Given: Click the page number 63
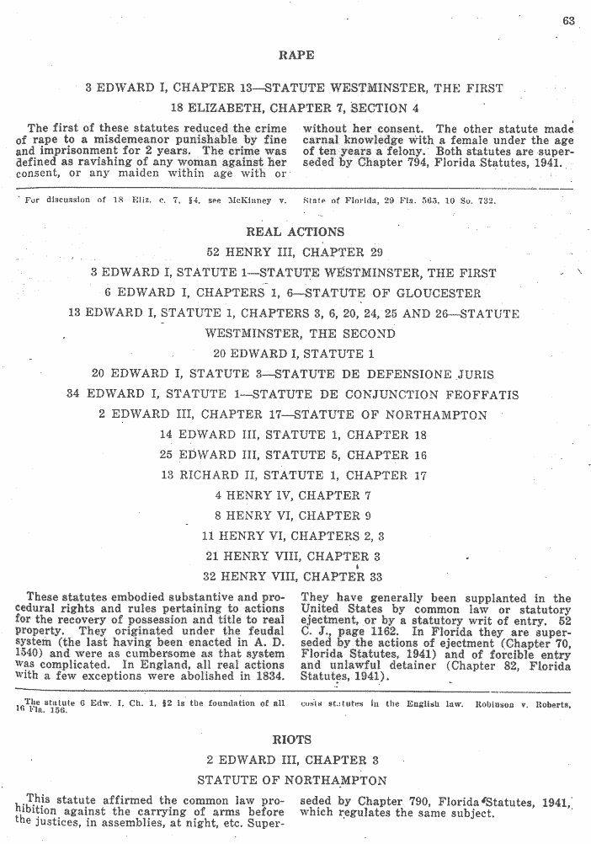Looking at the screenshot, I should click(568, 21).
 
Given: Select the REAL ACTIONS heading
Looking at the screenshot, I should click(295, 232).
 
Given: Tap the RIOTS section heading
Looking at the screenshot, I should click(293, 740).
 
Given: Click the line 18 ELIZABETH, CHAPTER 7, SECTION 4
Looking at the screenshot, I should click(295, 108).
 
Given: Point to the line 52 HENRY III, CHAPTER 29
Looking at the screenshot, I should click(295, 252).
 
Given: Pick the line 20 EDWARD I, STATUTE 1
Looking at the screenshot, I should click(294, 354).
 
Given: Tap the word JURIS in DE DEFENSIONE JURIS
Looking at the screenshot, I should click(475, 374).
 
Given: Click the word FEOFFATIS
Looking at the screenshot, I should click(480, 394).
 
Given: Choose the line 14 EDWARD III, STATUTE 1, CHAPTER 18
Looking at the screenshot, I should click(293, 435).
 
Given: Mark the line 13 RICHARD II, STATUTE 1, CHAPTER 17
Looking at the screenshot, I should click(293, 475).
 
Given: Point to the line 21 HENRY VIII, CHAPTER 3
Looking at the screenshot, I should click(293, 556).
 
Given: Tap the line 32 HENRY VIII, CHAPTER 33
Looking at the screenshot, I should click(293, 577).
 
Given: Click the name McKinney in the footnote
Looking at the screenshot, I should click(252, 200).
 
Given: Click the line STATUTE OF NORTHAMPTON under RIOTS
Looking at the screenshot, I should click(292, 780).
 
